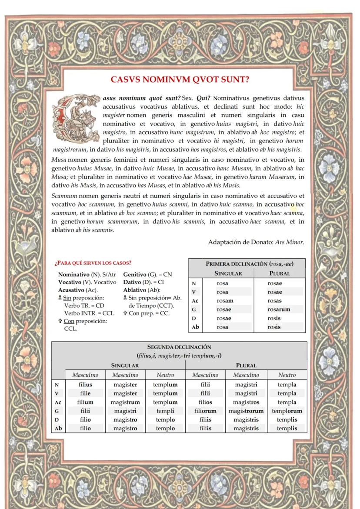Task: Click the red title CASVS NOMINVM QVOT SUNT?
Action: tap(182, 80)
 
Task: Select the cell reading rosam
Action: tap(225, 301)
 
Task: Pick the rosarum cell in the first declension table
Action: tap(279, 309)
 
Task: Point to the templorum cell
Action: tap(287, 411)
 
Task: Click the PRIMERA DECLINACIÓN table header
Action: tap(247, 264)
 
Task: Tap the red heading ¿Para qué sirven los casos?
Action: tap(93, 263)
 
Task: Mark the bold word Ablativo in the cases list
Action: tap(135, 290)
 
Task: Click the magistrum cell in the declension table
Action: tap(125, 402)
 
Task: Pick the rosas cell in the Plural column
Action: tap(274, 301)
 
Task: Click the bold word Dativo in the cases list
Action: tap(133, 282)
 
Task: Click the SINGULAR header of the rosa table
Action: tap(228, 273)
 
